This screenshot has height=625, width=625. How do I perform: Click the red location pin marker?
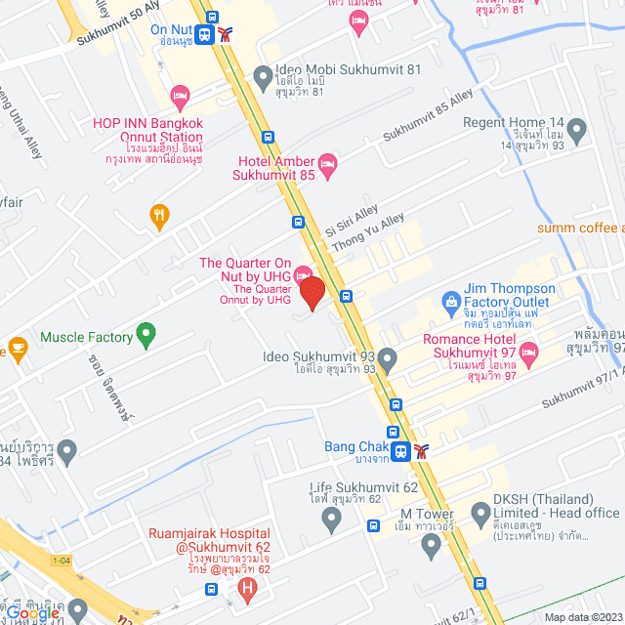point(312,293)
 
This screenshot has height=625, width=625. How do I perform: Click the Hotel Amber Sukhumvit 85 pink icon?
point(327,160)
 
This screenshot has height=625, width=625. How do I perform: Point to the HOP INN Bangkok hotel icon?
point(179,95)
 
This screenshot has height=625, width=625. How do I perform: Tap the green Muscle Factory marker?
point(146,337)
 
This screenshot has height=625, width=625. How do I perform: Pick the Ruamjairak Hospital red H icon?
point(248,589)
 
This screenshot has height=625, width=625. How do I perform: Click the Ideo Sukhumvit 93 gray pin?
point(387,359)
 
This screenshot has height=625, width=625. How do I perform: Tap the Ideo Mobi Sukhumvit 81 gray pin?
point(262,75)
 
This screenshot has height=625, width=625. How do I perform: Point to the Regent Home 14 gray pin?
point(576,129)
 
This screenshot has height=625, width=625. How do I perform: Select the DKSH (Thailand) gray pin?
point(480,513)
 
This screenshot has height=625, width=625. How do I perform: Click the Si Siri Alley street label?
point(352,219)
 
